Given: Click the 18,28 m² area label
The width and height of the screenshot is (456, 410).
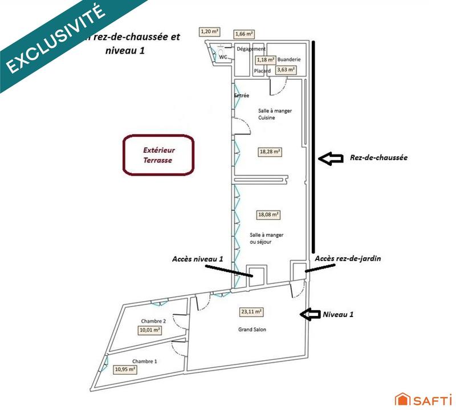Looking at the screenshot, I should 270,152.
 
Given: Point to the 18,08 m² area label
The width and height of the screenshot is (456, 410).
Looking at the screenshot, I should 268,214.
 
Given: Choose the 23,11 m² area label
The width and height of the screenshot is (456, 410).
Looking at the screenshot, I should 251,312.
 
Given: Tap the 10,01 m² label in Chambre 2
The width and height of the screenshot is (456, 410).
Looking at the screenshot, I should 149,330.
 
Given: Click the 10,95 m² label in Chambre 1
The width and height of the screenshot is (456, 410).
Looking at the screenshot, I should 125,370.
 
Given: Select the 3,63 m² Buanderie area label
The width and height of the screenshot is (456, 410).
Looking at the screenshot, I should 286,70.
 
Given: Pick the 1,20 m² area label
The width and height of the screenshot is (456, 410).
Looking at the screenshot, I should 209,31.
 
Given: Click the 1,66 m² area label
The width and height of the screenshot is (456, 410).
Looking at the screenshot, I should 244,35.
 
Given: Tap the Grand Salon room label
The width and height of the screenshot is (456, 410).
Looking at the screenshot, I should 252,330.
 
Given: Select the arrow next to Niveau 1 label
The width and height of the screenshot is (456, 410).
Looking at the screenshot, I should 310,313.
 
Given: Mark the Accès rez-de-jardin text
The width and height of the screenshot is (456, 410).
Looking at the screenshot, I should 347,258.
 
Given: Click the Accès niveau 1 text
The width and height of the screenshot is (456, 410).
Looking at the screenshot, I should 197,258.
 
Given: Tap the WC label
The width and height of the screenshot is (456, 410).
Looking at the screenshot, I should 223,57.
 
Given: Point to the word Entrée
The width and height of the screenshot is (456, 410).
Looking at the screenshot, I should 242,96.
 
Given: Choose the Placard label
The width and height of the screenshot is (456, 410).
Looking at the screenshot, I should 262,71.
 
